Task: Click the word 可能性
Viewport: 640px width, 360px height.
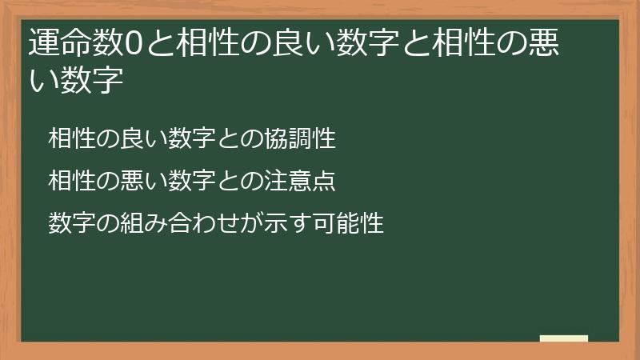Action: click(x=356, y=222)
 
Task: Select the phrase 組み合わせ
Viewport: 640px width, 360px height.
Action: click(x=185, y=222)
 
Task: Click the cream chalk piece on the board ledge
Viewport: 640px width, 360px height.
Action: click(x=564, y=338)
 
